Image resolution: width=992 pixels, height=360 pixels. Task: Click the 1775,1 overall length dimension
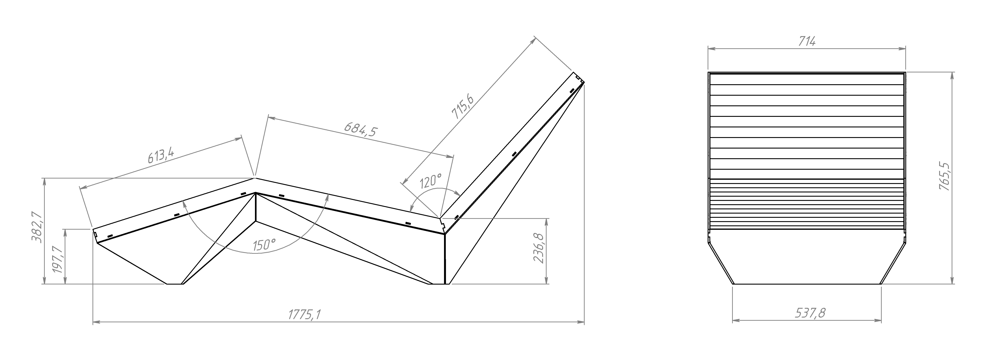coord(304,315)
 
